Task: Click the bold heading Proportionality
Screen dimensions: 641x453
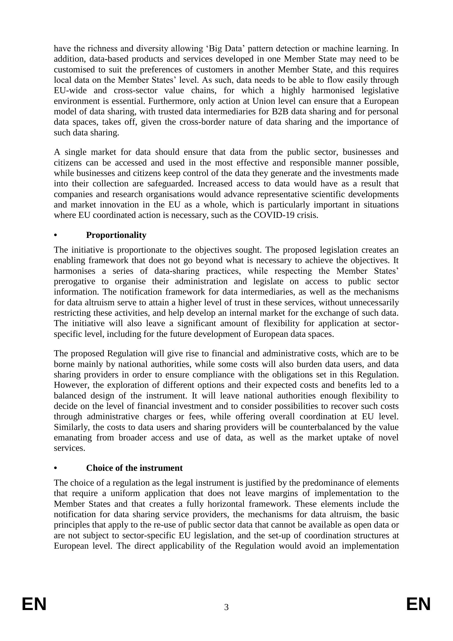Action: (x=116, y=235)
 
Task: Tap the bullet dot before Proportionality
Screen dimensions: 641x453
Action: (x=55, y=236)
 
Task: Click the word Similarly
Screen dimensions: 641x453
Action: (x=71, y=427)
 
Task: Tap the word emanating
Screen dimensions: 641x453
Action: (x=73, y=437)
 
